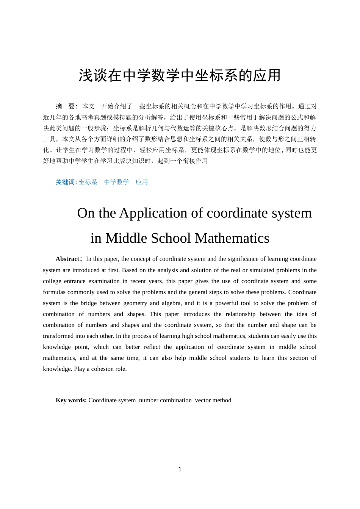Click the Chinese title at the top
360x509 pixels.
pos(180,75)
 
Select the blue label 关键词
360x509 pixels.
pos(66,182)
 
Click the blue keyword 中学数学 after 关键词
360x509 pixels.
pos(116,182)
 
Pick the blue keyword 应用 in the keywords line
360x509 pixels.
pos(142,182)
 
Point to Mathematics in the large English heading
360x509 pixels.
pos(232,238)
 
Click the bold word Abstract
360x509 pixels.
pos(67,259)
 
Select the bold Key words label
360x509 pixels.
pos(71,400)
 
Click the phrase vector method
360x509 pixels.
pos(213,400)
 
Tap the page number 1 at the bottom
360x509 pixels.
pos(180,470)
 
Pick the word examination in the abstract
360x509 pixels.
pos(103,281)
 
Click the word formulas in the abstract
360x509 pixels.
pos(54,292)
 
